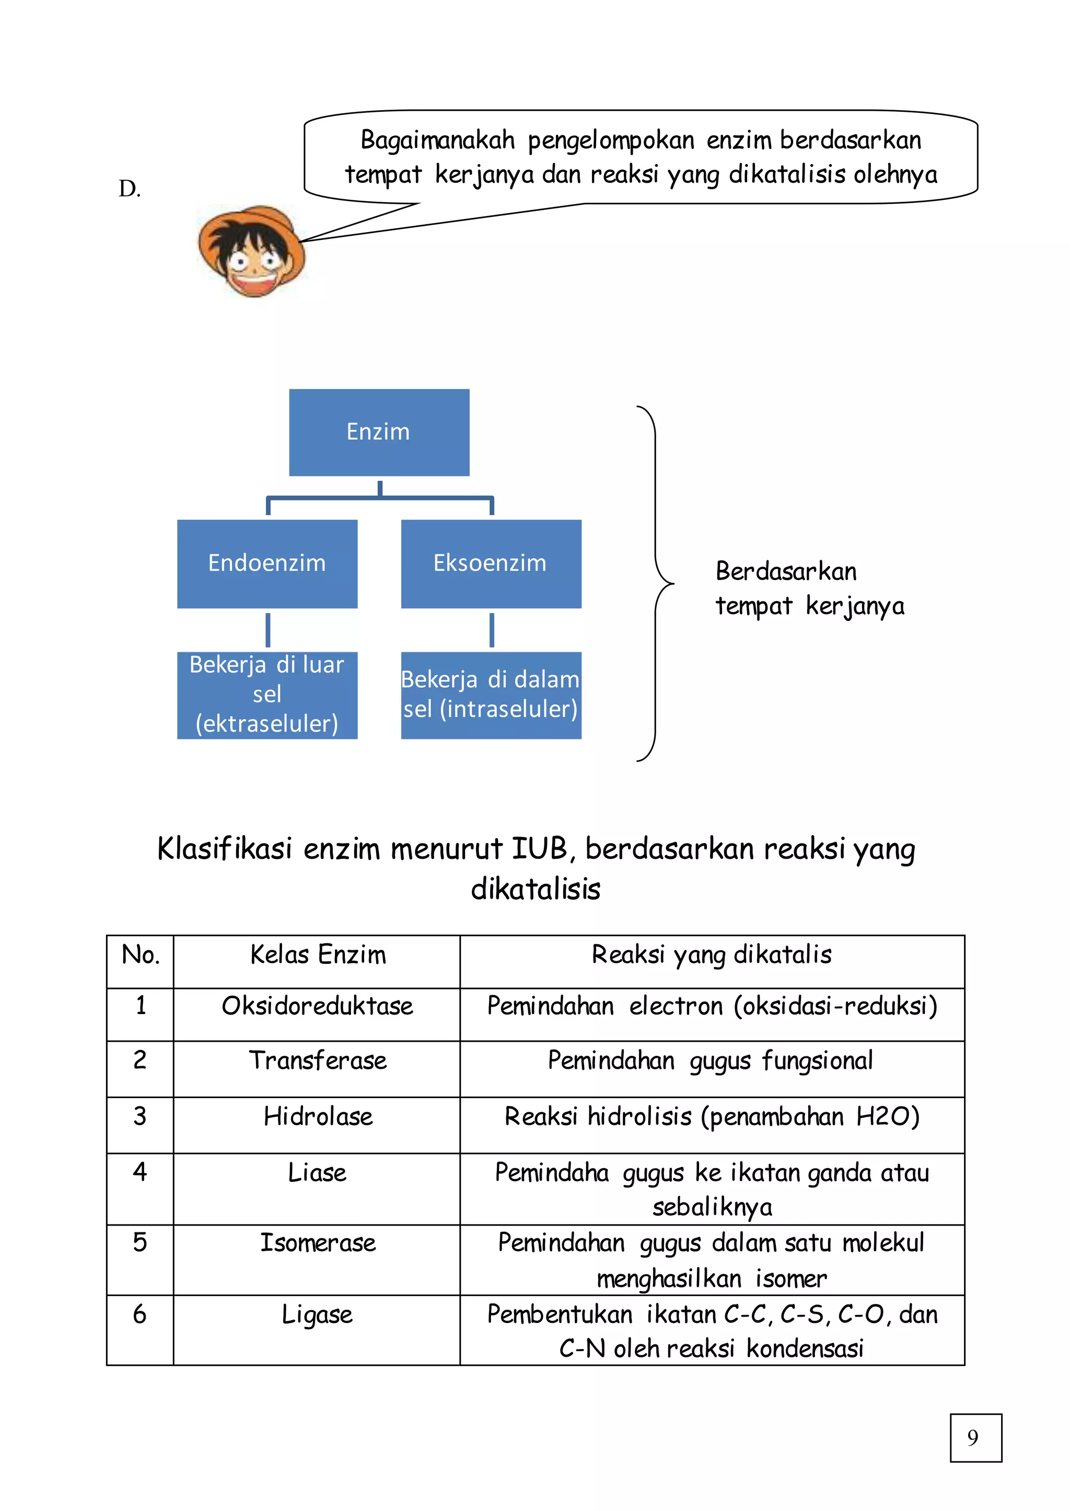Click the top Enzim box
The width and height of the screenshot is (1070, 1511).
[379, 432]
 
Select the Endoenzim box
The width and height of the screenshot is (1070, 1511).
[267, 563]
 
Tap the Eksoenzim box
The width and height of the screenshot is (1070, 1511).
[491, 563]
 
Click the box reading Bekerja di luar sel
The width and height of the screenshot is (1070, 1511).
[267, 695]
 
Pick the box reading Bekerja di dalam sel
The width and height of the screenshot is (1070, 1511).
[491, 695]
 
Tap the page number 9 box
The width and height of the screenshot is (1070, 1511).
[975, 1438]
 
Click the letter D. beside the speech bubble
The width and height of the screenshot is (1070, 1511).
[130, 189]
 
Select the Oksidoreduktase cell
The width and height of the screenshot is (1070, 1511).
[317, 1007]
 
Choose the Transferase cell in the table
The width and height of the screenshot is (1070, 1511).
[317, 1062]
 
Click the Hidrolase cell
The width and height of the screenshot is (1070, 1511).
[317, 1117]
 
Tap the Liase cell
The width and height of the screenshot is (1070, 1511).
[317, 1173]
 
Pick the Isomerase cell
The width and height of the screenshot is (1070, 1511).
[317, 1243]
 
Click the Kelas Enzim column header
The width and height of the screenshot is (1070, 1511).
[318, 955]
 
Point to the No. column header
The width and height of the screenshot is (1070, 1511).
[141, 955]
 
